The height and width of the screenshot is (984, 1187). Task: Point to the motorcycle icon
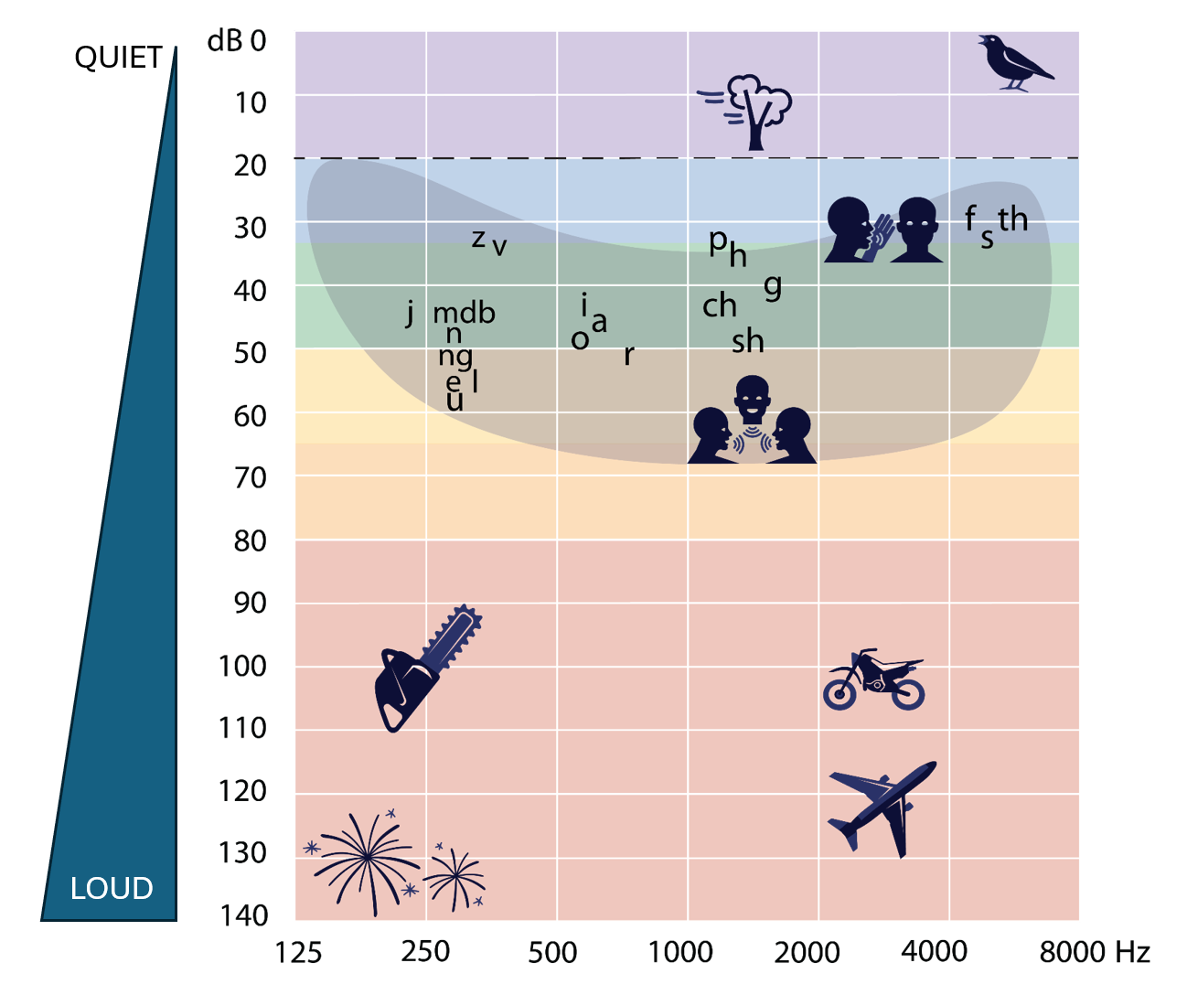point(873,680)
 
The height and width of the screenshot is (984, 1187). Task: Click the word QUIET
point(118,59)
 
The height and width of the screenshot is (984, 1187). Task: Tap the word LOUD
point(112,888)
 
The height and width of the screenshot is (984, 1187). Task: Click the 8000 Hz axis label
point(1094,952)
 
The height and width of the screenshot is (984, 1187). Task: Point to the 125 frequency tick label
point(298,953)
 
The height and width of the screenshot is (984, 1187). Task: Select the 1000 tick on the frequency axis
point(679,952)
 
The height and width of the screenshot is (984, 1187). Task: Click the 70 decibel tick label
point(250,477)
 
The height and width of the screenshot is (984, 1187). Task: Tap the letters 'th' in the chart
point(1012,219)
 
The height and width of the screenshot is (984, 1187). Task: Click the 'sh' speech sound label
point(747,341)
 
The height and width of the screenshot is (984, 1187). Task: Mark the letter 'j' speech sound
point(411,313)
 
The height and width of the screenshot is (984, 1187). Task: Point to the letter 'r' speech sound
point(628,355)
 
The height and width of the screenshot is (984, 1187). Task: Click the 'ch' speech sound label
point(719,305)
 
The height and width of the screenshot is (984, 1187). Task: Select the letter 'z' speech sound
point(478,240)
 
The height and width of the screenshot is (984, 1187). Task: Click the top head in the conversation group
point(752,398)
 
